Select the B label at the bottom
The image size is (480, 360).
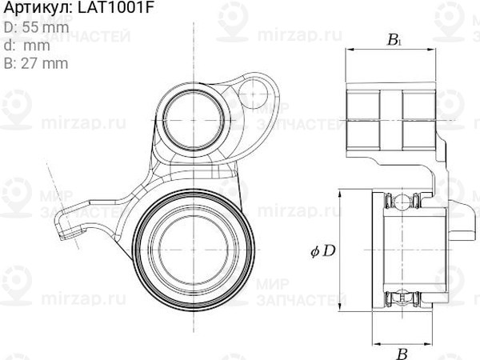coord(403,351)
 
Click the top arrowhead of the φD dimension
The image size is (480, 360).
coord(339,193)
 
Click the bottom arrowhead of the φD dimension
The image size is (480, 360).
coord(339,310)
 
